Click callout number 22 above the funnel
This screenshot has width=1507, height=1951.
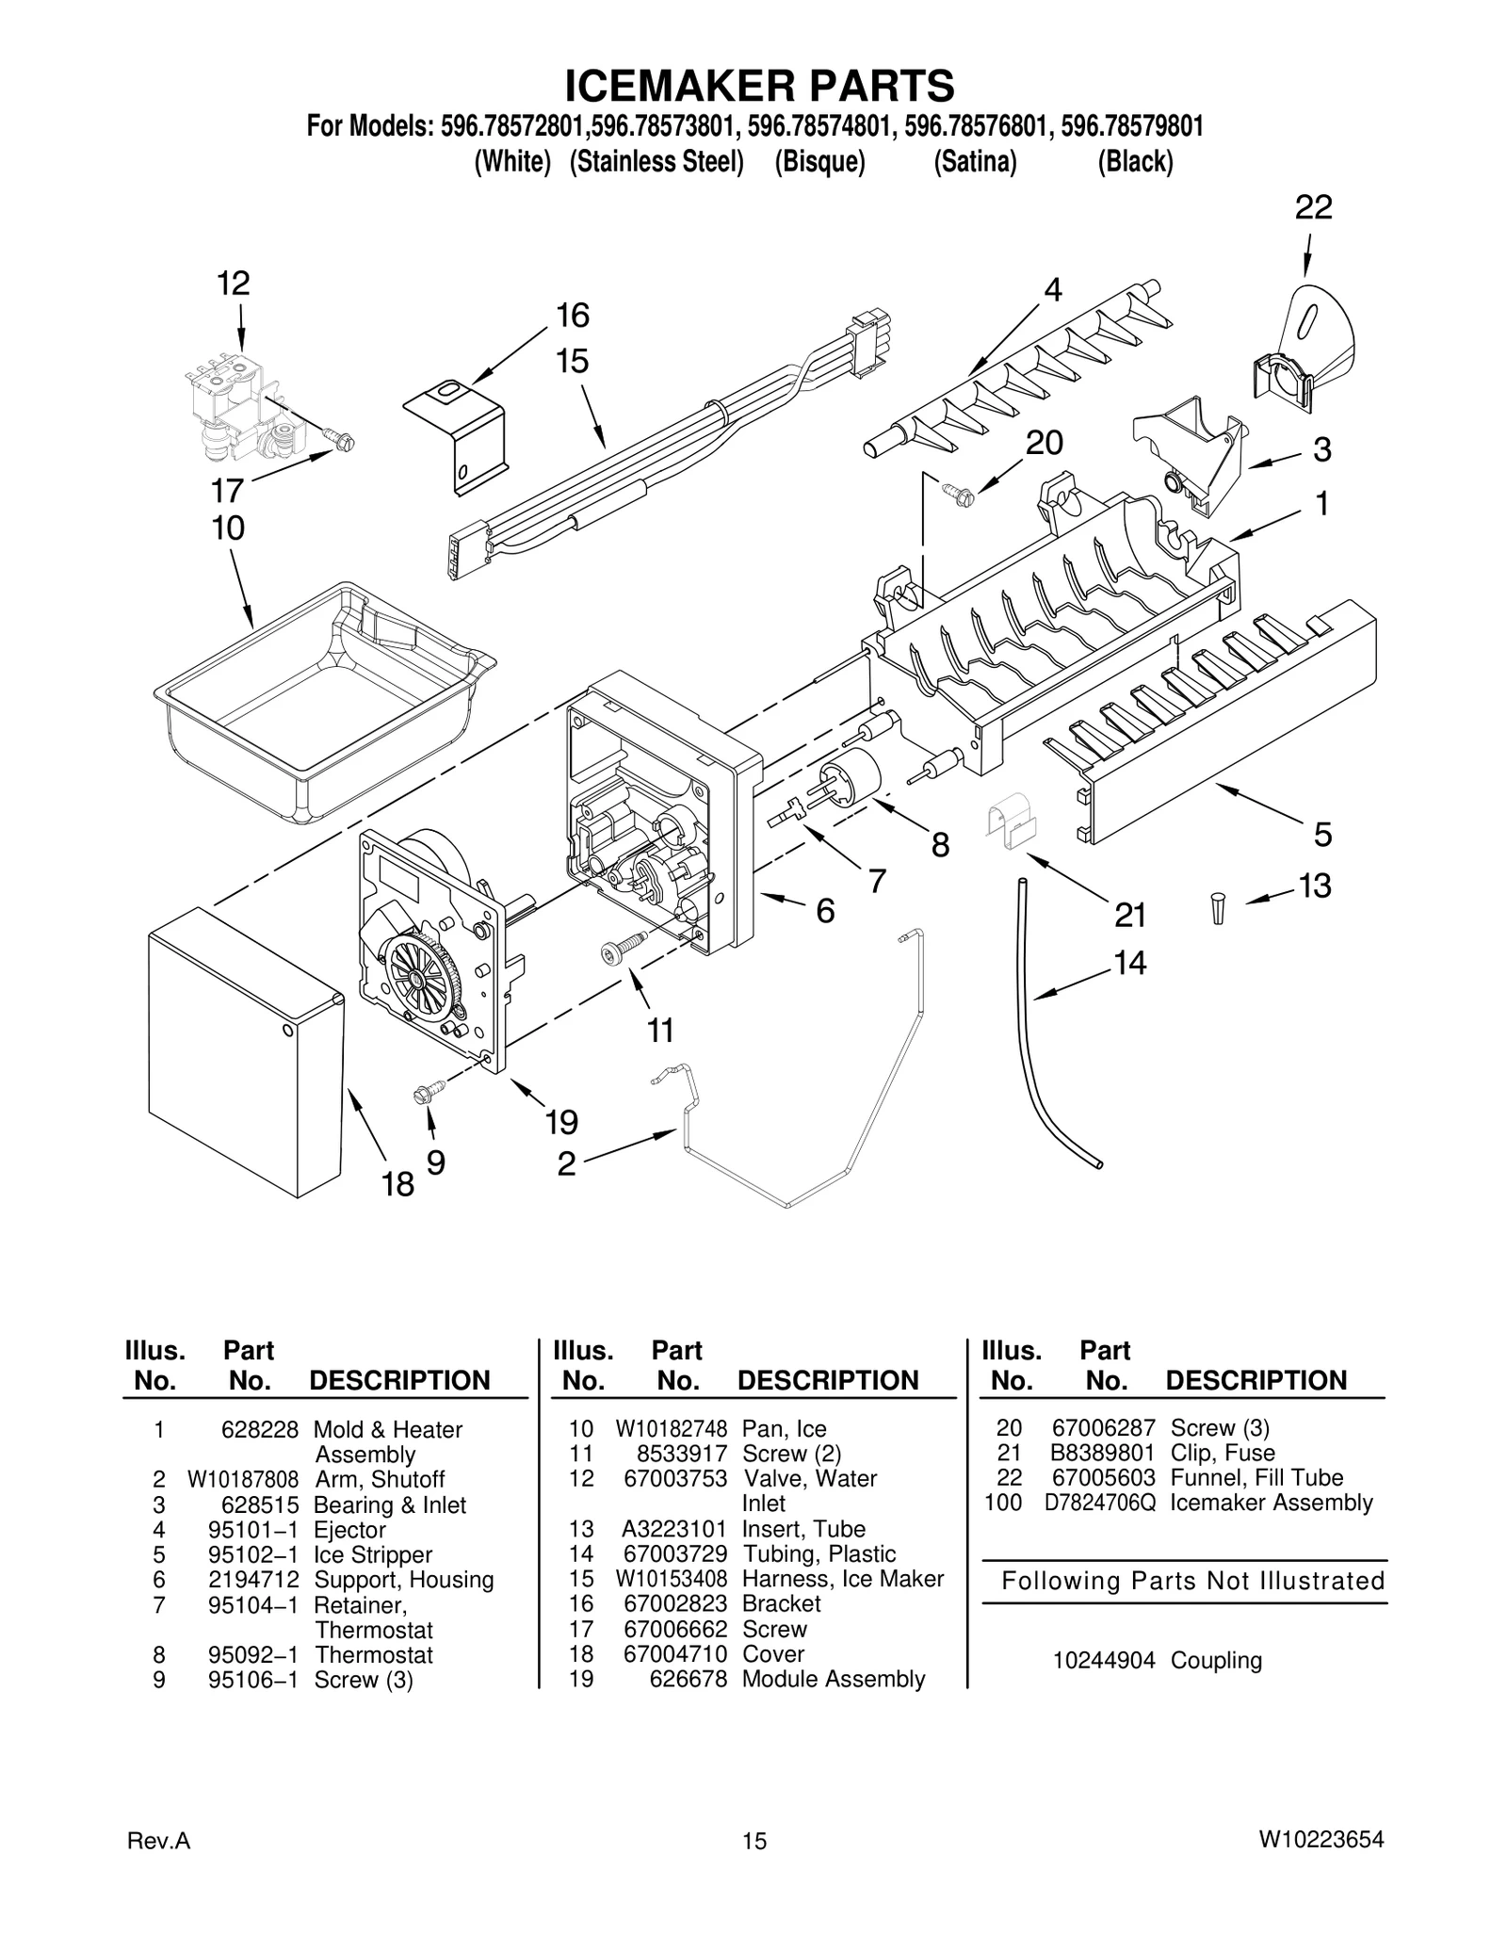[1313, 207]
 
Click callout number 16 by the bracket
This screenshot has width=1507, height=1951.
[572, 316]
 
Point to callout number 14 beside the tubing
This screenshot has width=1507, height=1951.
[1129, 963]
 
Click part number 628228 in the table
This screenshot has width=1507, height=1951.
[259, 1430]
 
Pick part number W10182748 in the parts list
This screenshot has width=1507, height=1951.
[672, 1430]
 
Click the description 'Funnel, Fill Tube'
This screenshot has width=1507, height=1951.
[1256, 1478]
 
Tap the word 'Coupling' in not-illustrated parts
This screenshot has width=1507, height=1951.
[1216, 1661]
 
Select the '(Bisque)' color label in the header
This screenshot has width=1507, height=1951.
[819, 162]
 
